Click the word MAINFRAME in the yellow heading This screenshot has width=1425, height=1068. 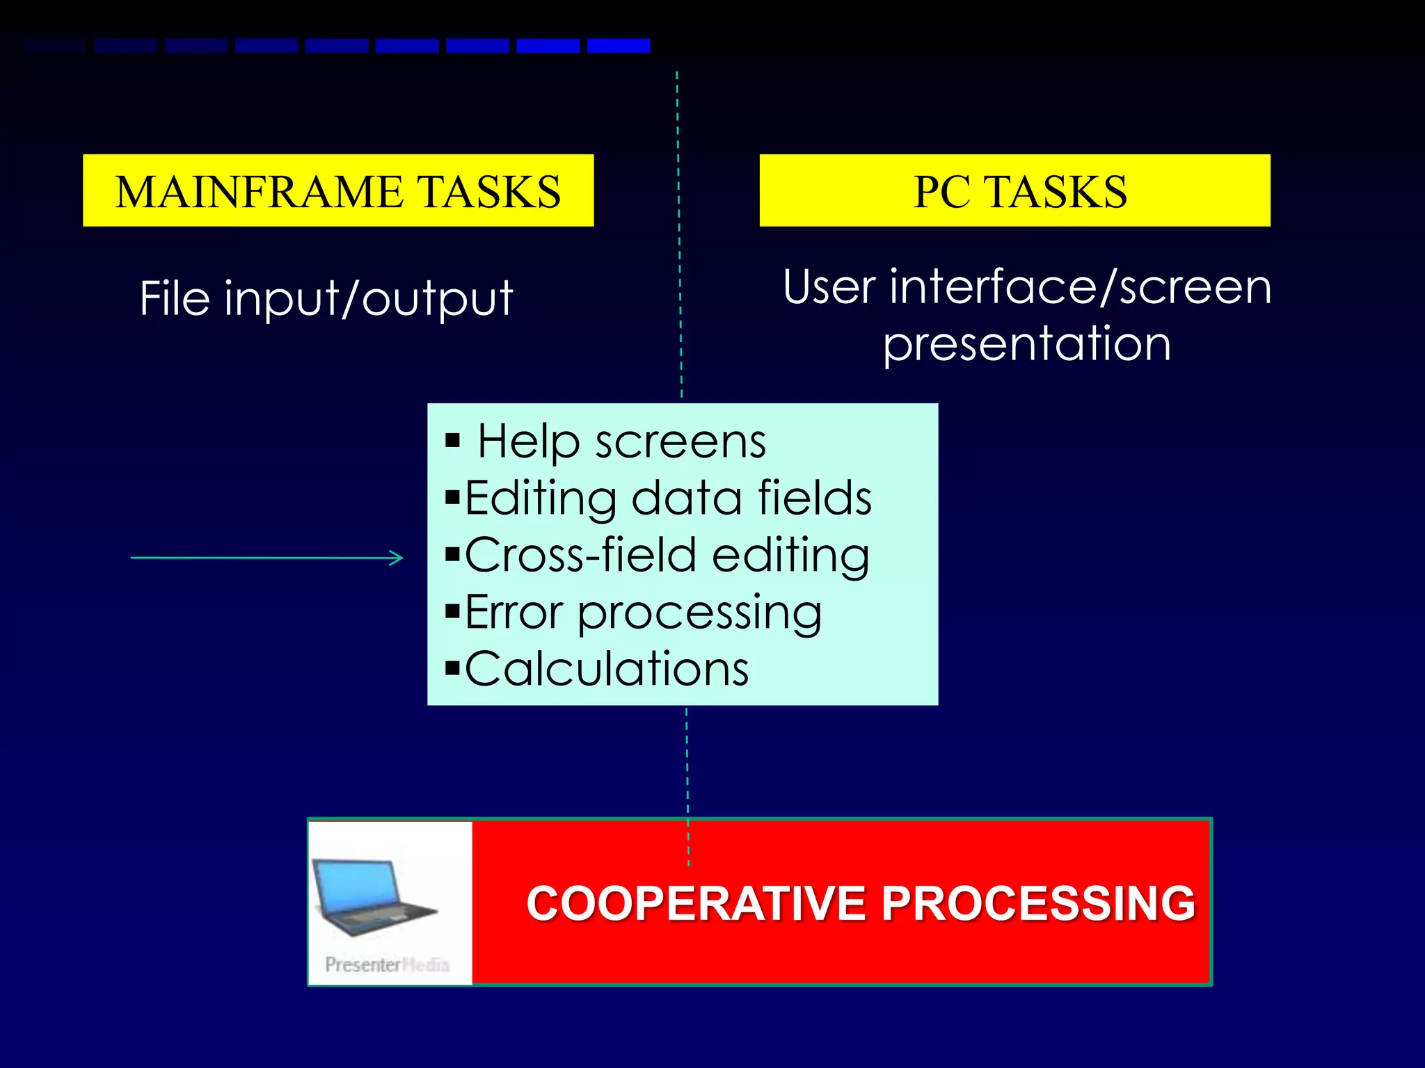pyautogui.click(x=259, y=192)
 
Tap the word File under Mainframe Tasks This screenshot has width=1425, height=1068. pyautogui.click(x=175, y=298)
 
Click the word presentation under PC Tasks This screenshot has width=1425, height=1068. pyautogui.click(x=1026, y=344)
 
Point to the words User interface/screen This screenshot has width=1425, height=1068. pyautogui.click(x=1026, y=287)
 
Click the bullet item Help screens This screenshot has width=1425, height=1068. pyautogui.click(x=621, y=442)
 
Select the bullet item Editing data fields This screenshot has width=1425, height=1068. pyautogui.click(x=668, y=499)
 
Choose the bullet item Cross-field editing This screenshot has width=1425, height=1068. pyautogui.click(x=667, y=556)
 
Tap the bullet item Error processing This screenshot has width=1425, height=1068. pyautogui.click(x=643, y=613)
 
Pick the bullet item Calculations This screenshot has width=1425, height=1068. pyautogui.click(x=607, y=669)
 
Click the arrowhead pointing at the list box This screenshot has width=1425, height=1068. pyautogui.click(x=397, y=558)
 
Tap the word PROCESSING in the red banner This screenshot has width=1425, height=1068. pyautogui.click(x=1039, y=903)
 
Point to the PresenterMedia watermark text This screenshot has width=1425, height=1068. pyautogui.click(x=387, y=964)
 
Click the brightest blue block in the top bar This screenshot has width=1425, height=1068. pyautogui.click(x=618, y=46)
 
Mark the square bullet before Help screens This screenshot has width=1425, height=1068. pyautogui.click(x=453, y=441)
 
